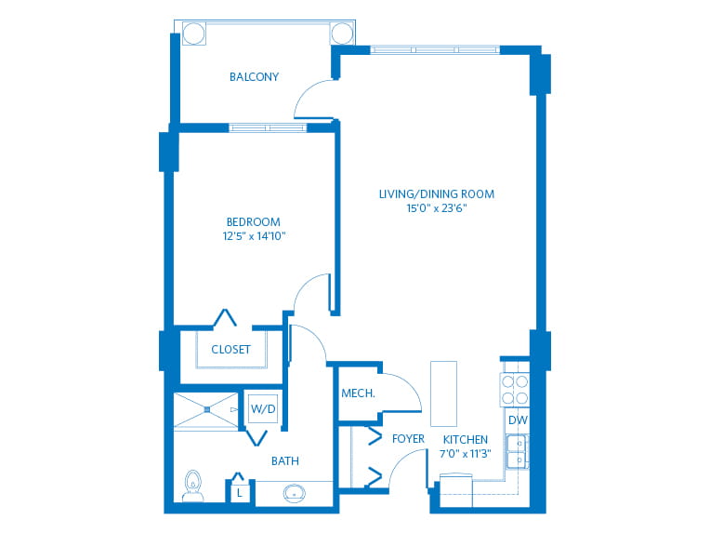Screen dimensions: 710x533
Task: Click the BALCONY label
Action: click(254, 77)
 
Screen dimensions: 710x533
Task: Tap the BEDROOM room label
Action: click(253, 222)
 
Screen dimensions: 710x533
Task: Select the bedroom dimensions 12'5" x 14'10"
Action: click(254, 236)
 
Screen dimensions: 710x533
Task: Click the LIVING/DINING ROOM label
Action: click(437, 194)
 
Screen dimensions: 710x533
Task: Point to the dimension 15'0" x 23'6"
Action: click(437, 208)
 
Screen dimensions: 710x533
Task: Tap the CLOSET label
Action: click(230, 350)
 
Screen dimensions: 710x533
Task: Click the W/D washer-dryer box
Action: click(263, 408)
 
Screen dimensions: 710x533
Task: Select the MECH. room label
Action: click(358, 393)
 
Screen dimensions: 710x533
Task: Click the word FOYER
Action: click(408, 439)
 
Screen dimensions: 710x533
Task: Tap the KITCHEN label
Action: click(466, 440)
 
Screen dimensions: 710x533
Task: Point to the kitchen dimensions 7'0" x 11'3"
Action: click(466, 454)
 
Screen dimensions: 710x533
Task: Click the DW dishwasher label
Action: click(518, 420)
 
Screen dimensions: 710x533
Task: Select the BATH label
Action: click(284, 461)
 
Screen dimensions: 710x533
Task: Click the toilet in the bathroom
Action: click(193, 486)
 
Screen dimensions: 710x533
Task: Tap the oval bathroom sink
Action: click(295, 493)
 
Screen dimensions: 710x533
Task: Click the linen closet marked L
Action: click(240, 492)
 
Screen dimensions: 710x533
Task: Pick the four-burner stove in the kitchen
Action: click(515, 390)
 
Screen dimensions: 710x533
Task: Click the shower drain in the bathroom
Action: click(207, 409)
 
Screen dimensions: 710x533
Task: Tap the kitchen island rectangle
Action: click(444, 393)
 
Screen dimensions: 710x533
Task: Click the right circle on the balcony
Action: click(342, 33)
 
